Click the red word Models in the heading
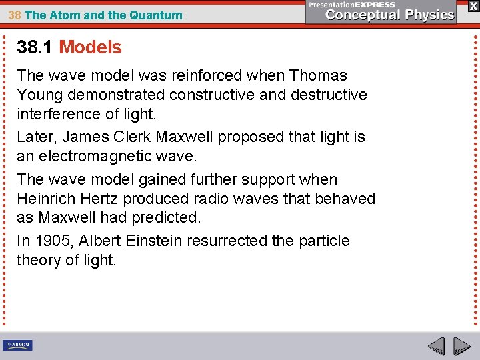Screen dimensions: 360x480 [90, 47]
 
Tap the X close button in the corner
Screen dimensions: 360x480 [473, 6]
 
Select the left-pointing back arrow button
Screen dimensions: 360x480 [436, 346]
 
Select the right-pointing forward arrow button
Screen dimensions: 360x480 [461, 346]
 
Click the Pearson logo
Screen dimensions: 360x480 [17, 345]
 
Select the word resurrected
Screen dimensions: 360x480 [228, 241]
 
